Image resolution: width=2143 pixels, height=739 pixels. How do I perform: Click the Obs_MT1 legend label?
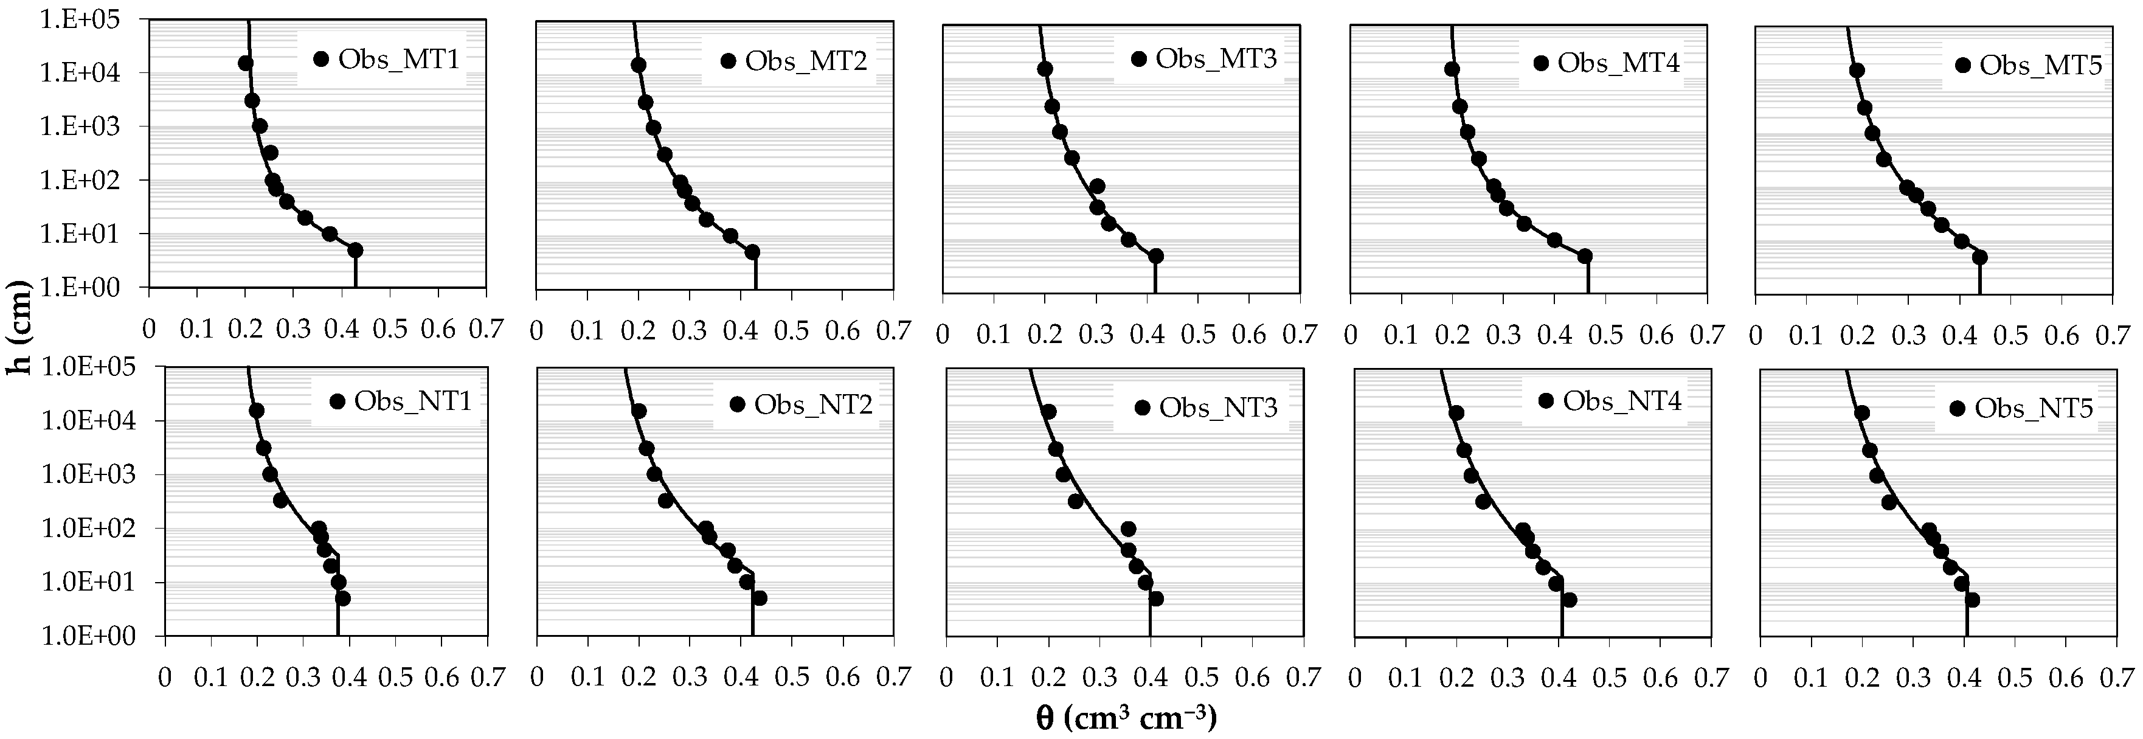pyautogui.click(x=398, y=60)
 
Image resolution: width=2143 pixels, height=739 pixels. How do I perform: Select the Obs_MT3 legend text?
pyautogui.click(x=1216, y=59)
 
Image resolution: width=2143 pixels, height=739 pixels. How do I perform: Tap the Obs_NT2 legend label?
pyautogui.click(x=813, y=405)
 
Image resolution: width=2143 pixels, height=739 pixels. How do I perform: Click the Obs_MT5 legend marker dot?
pyautogui.click(x=1964, y=66)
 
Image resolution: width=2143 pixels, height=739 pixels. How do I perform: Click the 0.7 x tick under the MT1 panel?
pyautogui.click(x=486, y=330)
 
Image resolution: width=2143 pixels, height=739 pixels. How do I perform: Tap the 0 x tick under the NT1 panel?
pyautogui.click(x=165, y=676)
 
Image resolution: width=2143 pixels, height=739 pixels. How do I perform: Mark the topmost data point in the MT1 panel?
pyautogui.click(x=246, y=63)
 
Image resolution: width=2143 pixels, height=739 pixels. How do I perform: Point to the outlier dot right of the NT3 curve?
pyautogui.click(x=1128, y=529)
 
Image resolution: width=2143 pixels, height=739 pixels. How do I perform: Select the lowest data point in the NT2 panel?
pyautogui.click(x=760, y=598)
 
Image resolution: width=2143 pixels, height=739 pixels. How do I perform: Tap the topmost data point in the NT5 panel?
pyautogui.click(x=1862, y=414)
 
